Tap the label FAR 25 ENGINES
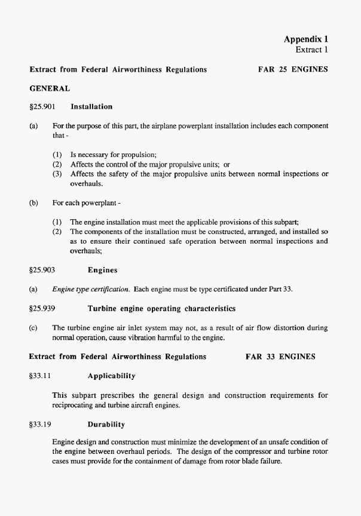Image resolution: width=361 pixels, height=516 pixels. [293, 69]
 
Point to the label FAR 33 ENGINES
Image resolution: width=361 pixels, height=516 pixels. [280, 357]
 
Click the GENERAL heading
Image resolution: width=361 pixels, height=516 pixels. [50, 88]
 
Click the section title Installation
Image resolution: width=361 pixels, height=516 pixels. [91, 106]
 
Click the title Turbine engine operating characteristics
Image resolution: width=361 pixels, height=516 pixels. [161, 309]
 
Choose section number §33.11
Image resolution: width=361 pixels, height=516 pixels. [41, 376]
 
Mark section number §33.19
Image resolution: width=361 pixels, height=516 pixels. [41, 425]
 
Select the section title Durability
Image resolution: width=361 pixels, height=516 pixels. [106, 425]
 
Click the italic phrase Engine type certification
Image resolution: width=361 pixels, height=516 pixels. [91, 290]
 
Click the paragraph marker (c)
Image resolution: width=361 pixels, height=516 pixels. [33, 328]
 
